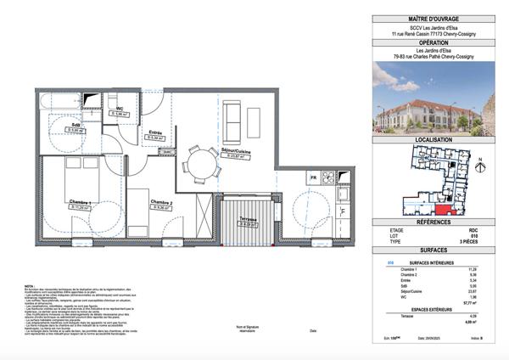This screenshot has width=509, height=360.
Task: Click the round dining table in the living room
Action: click(201, 161)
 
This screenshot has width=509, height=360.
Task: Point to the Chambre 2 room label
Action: click(163, 202)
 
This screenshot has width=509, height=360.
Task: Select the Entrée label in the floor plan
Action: click(155, 132)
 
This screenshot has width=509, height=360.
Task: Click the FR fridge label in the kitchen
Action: click(313, 177)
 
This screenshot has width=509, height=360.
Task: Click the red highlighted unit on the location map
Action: click(445, 210)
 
